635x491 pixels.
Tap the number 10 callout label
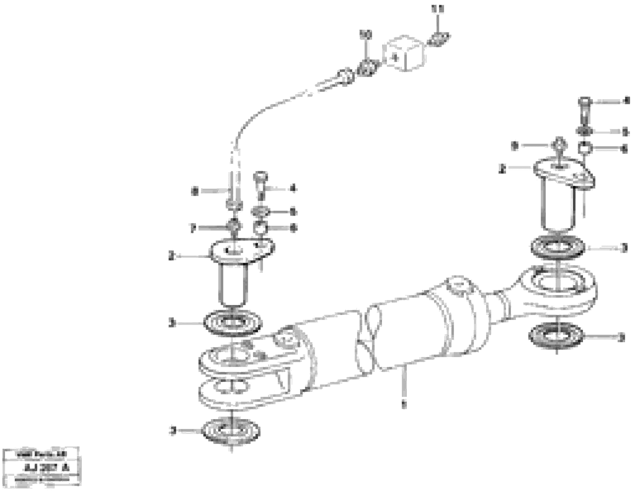pos(366,35)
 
